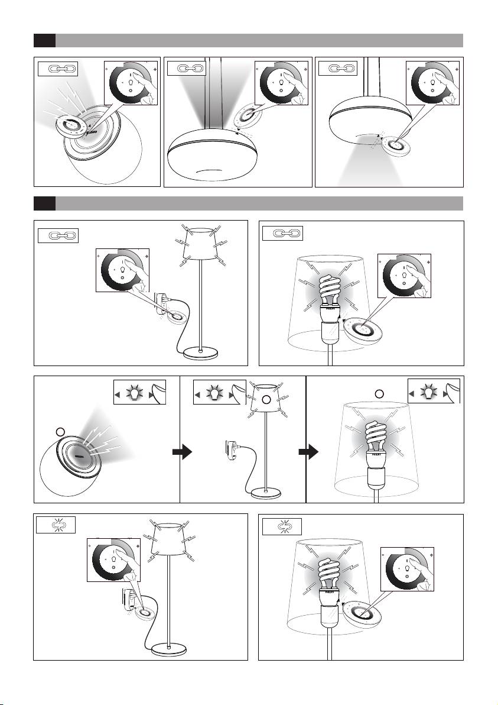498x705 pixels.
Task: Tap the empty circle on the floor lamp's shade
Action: pyautogui.click(x=266, y=400)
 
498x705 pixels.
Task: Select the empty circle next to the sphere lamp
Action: pyautogui.click(x=59, y=431)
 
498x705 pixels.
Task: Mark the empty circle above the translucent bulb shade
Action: pyautogui.click(x=380, y=393)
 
